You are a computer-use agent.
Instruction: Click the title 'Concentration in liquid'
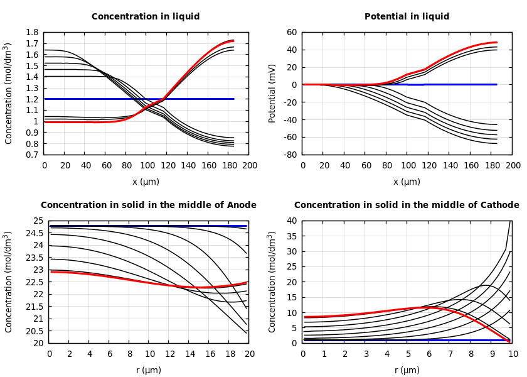[x=146, y=17]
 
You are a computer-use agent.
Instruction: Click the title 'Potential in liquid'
[x=407, y=17]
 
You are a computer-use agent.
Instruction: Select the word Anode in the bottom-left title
[x=241, y=205]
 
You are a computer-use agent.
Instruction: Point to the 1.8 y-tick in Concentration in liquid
[x=32, y=32]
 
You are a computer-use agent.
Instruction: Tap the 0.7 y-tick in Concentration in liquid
[x=32, y=155]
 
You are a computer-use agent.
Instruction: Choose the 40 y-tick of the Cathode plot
[x=292, y=221]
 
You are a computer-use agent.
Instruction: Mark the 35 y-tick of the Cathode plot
[x=292, y=236]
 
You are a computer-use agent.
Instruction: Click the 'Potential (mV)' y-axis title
[x=272, y=93]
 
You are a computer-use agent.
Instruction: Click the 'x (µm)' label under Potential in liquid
[x=407, y=182]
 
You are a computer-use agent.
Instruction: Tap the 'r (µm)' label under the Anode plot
[x=149, y=370]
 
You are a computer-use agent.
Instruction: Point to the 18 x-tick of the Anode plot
[x=230, y=354]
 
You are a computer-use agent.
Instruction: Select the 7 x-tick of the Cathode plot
[x=450, y=354]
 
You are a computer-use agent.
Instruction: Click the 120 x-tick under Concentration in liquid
[x=167, y=165]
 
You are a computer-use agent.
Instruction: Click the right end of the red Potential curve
[x=497, y=43]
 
